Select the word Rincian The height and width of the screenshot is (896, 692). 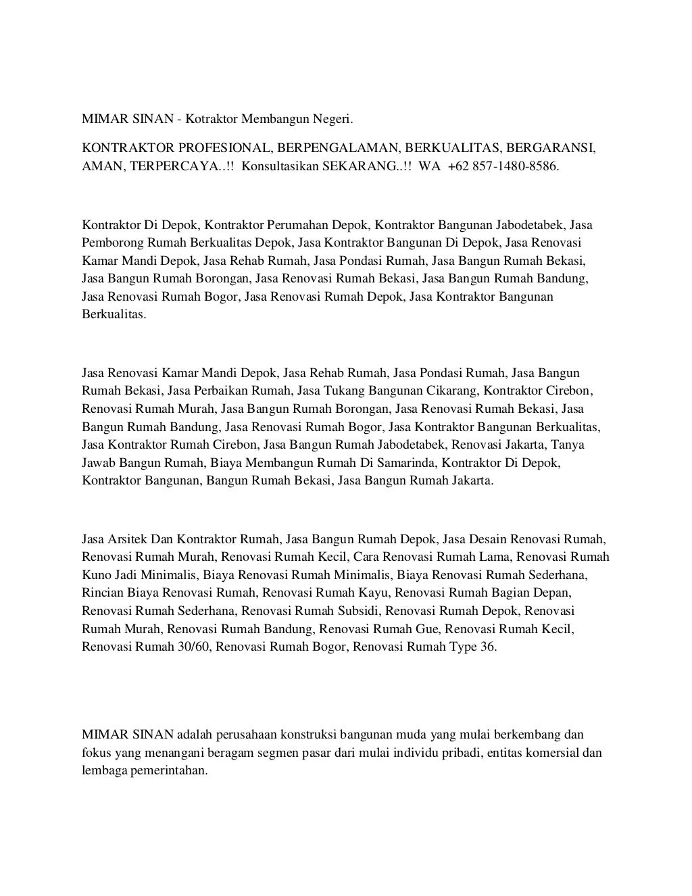click(x=102, y=593)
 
